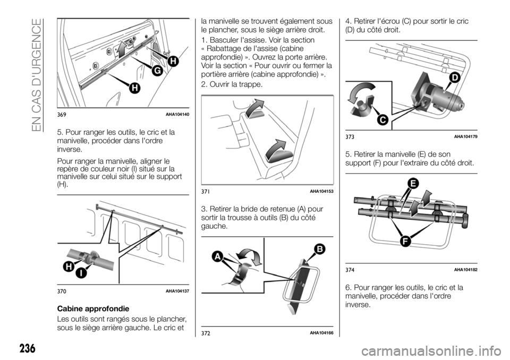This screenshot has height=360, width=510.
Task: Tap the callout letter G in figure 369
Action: point(157,71)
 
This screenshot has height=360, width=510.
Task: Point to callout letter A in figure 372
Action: point(217,256)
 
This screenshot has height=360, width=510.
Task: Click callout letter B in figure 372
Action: point(319,250)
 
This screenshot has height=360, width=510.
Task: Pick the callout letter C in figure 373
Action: point(383,120)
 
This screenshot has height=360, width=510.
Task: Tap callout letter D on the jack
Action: point(454,78)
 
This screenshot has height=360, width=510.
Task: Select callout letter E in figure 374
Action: point(413,184)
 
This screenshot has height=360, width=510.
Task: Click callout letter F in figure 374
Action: point(405,241)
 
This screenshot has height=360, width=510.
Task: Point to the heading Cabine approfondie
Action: point(93,308)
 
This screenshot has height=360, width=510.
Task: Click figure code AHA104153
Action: point(321,192)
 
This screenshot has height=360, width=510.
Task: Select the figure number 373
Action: point(350,137)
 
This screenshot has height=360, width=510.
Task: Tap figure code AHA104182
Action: point(465,270)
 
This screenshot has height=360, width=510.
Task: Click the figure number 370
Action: point(62,292)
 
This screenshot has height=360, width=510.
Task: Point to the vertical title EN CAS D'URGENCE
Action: point(37,75)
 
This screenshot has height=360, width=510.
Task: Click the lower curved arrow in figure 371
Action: point(276,150)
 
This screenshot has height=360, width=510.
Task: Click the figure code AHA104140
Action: point(177,114)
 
